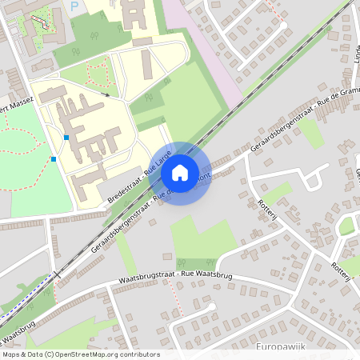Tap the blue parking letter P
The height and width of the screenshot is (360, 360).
pyautogui.click(x=75, y=6)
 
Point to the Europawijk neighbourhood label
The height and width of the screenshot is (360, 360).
pyautogui.click(x=281, y=346)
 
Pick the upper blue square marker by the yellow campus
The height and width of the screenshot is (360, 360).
pyautogui.click(x=66, y=138)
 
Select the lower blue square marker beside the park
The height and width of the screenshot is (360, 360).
pyautogui.click(x=54, y=159)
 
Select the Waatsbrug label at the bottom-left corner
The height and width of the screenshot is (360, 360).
pyautogui.click(x=20, y=324)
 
